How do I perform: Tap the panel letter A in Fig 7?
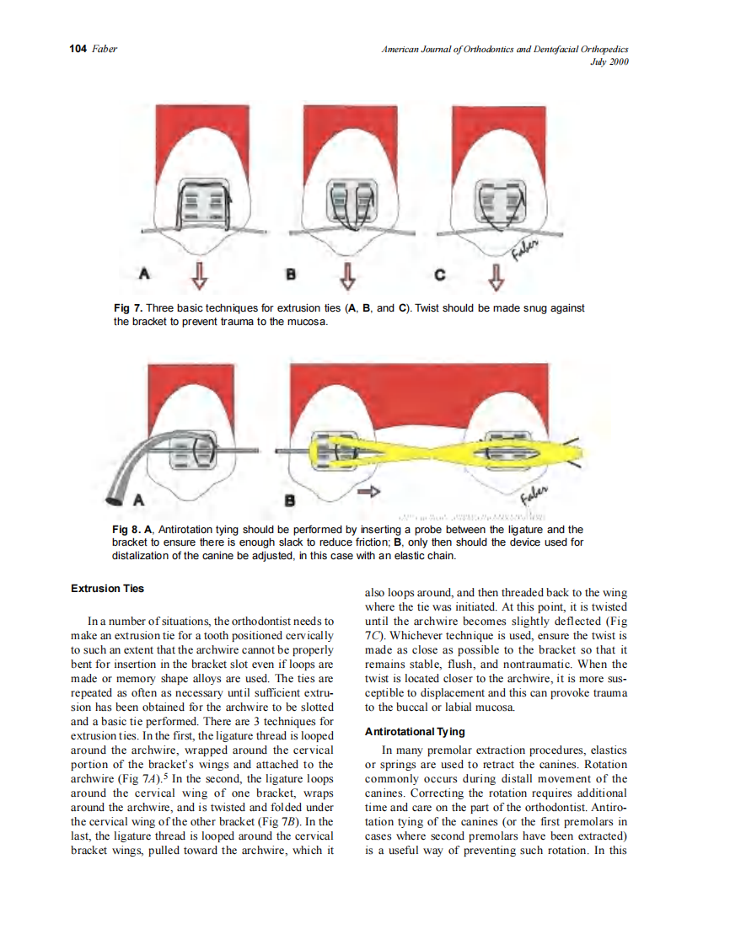[x=144, y=273]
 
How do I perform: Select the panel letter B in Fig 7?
[x=291, y=274]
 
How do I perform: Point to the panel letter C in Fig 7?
[x=439, y=274]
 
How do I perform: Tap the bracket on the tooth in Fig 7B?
[x=347, y=206]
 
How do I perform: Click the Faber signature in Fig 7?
[x=528, y=244]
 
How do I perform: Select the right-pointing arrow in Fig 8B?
[x=368, y=492]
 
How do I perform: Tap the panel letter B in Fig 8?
[x=291, y=500]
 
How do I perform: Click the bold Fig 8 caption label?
[x=129, y=530]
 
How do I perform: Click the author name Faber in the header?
[x=104, y=49]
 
